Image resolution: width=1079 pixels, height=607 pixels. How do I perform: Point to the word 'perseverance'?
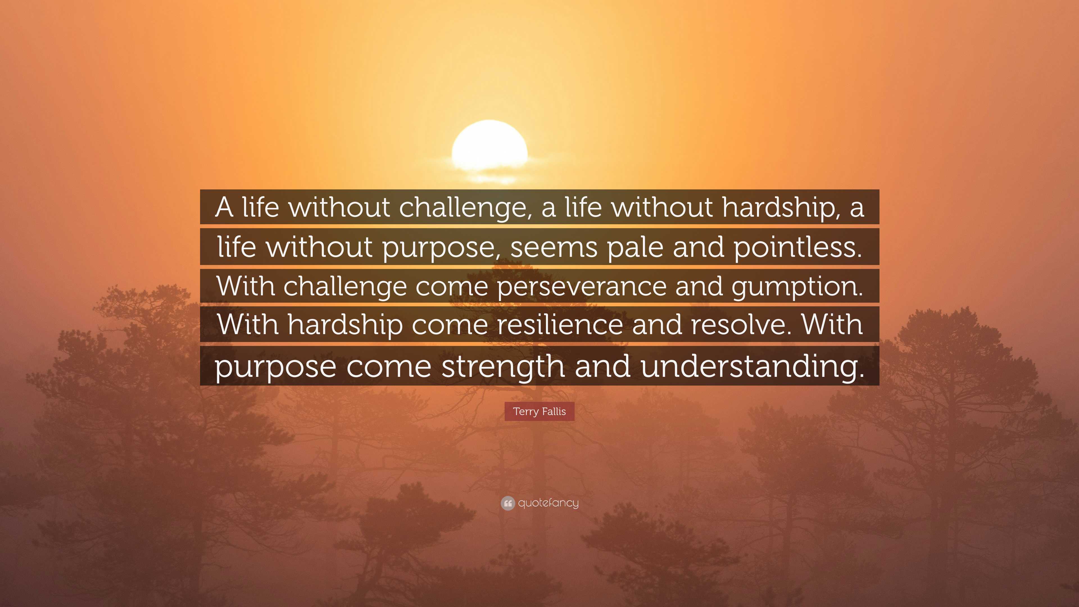point(582,287)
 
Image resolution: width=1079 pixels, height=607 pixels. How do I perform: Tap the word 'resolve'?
point(742,325)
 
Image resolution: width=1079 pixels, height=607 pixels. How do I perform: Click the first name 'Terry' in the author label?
point(526,412)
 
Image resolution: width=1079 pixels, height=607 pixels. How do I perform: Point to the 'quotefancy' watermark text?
point(548,503)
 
